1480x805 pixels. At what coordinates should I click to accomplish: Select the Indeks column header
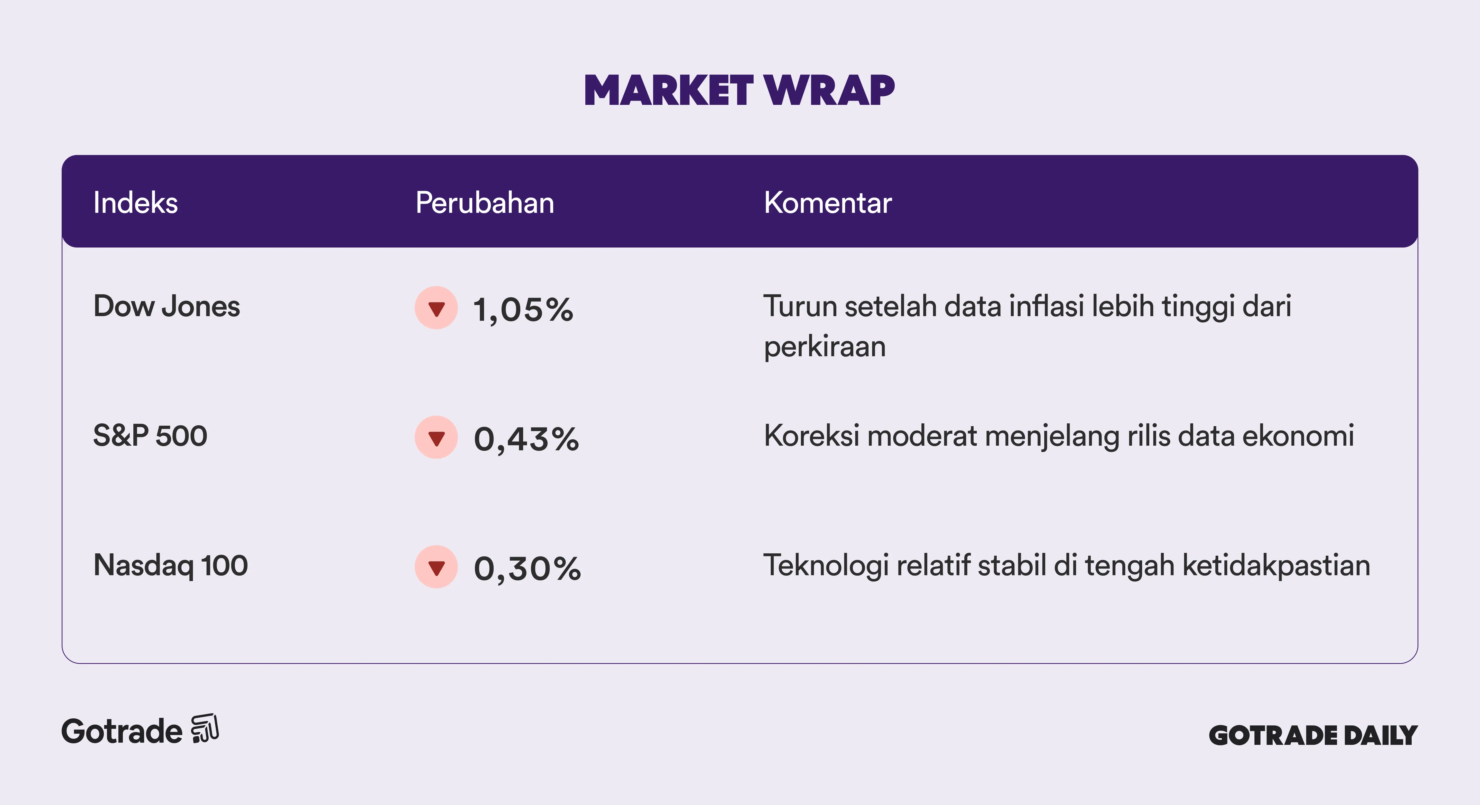pos(136,203)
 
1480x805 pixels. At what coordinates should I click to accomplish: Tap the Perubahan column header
pos(485,203)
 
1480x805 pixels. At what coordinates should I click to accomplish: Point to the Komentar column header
pos(828,203)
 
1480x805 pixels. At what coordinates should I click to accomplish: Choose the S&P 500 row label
pos(150,436)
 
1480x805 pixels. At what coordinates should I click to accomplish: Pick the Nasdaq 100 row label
pos(171,565)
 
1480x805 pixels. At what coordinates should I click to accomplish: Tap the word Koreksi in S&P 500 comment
pos(812,436)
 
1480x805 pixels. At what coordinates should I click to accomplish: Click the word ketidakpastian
pos(1276,565)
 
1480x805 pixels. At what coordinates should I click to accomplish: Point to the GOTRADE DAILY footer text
pos(1313,735)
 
